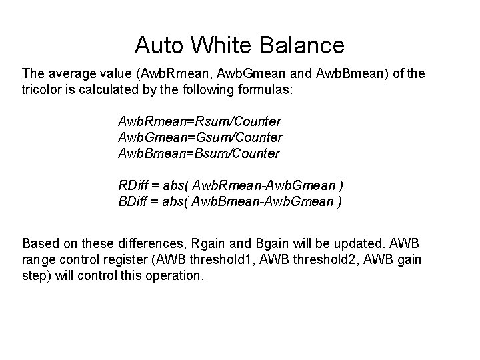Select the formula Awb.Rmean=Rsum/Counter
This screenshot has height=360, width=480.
coord(199,121)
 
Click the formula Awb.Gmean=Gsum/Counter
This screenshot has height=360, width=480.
coord(200,137)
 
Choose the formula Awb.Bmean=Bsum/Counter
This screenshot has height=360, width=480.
coord(199,153)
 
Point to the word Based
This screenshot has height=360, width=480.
coord(41,242)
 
